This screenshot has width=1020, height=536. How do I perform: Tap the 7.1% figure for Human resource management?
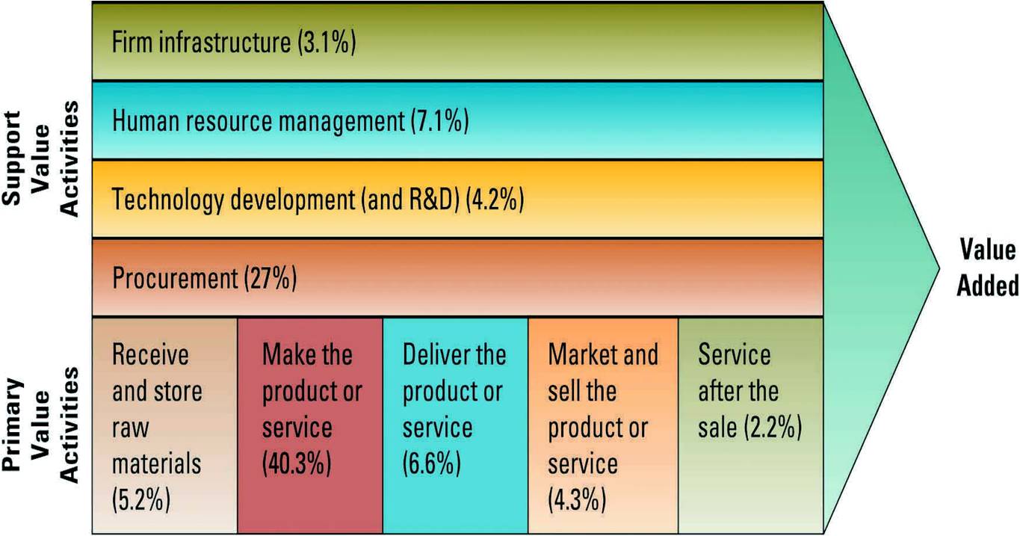click(439, 121)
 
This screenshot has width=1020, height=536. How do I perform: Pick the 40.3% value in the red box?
click(296, 463)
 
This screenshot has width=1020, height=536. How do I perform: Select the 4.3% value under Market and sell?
click(576, 499)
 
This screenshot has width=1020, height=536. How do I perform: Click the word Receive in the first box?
click(150, 355)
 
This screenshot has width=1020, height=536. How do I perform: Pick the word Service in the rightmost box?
click(734, 355)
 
